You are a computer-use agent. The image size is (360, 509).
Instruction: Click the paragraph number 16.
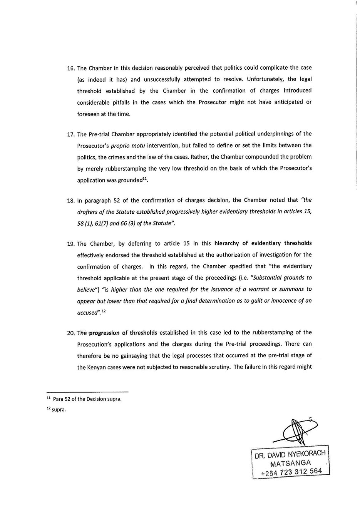coord(70,68)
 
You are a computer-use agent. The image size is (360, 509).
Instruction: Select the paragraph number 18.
coord(70,201)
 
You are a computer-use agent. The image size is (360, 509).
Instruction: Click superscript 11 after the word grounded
coord(145,179)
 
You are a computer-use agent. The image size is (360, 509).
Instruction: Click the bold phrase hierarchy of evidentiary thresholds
coord(263,243)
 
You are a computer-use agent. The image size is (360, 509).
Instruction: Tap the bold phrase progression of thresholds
coord(123,333)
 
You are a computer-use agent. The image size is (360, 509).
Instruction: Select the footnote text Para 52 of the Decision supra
coord(87,399)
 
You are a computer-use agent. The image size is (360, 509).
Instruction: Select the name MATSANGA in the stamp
coord(291,464)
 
